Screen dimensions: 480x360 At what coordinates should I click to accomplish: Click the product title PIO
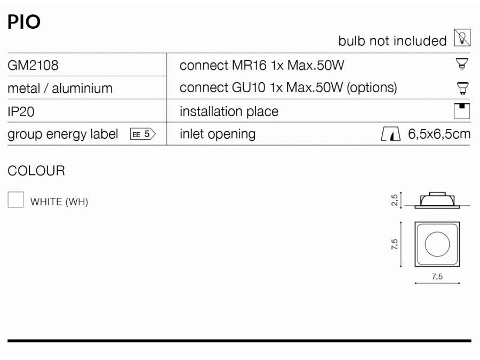pos(24,22)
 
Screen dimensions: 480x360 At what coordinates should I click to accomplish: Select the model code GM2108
pos(33,65)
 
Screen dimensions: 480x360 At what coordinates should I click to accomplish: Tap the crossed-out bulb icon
pos(462,38)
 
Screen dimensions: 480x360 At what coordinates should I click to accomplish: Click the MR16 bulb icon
pos(462,64)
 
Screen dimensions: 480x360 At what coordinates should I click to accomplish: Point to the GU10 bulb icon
pos(462,88)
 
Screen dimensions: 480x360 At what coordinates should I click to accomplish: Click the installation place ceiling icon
pos(462,111)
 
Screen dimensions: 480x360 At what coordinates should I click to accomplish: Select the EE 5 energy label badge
pos(143,134)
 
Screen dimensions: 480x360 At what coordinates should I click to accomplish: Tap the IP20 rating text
pos(21,112)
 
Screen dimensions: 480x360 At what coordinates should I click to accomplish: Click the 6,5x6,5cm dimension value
pos(439,134)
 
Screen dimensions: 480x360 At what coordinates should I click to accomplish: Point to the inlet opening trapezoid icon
pos(390,134)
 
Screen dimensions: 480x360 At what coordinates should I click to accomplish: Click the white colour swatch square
pos(15,199)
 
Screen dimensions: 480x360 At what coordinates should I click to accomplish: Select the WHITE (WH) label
pos(59,202)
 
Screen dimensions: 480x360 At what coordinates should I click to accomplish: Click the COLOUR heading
pos(36,171)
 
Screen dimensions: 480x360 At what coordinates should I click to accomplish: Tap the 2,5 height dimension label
pos(395,200)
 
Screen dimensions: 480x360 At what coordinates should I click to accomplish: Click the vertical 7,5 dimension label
pos(395,244)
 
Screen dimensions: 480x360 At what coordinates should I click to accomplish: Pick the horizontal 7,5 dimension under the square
pos(437,276)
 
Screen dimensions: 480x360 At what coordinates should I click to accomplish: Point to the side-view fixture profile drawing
pos(437,201)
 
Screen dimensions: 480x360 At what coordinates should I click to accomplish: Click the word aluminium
pos(82,89)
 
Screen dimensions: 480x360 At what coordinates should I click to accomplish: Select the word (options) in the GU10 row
pos(372,88)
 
